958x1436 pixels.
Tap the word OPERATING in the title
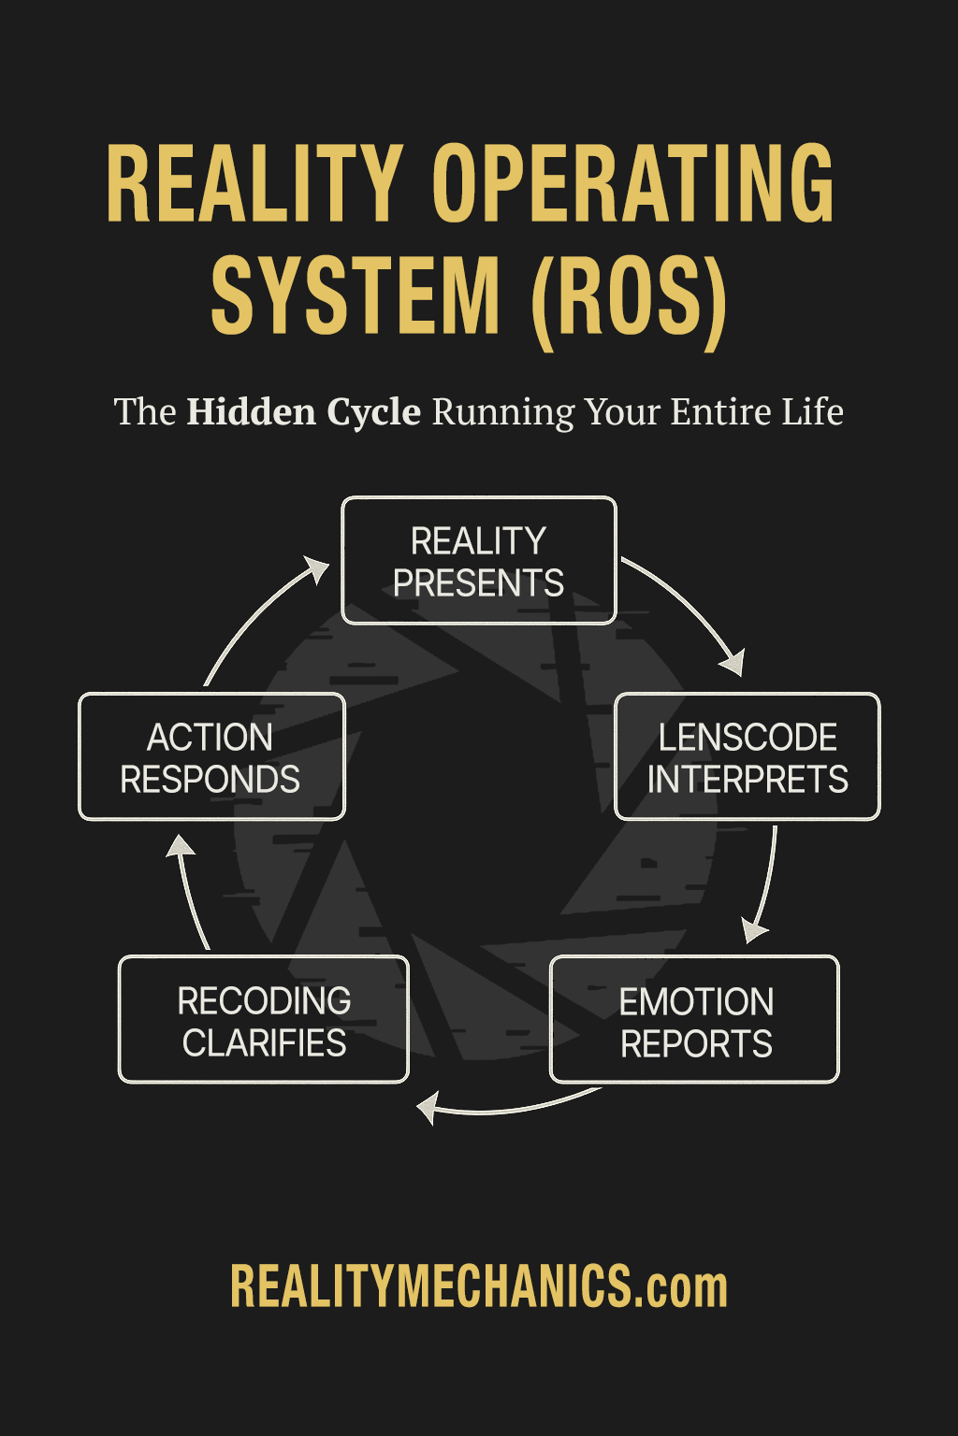point(632,184)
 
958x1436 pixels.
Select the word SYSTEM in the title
point(356,296)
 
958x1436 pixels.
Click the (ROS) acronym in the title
point(629,296)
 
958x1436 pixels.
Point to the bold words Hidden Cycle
point(304,412)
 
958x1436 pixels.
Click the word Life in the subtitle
point(813,412)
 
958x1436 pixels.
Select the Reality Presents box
point(478,561)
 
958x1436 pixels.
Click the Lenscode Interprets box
point(747,757)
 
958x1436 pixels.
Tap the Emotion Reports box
point(694,1020)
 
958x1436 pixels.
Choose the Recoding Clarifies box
point(264,1020)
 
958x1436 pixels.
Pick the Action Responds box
point(211,757)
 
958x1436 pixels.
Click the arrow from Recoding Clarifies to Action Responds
point(191,893)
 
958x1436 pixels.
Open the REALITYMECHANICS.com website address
point(478,1287)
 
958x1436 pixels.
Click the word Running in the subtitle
point(503,412)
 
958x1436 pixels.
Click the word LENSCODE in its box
point(747,738)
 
